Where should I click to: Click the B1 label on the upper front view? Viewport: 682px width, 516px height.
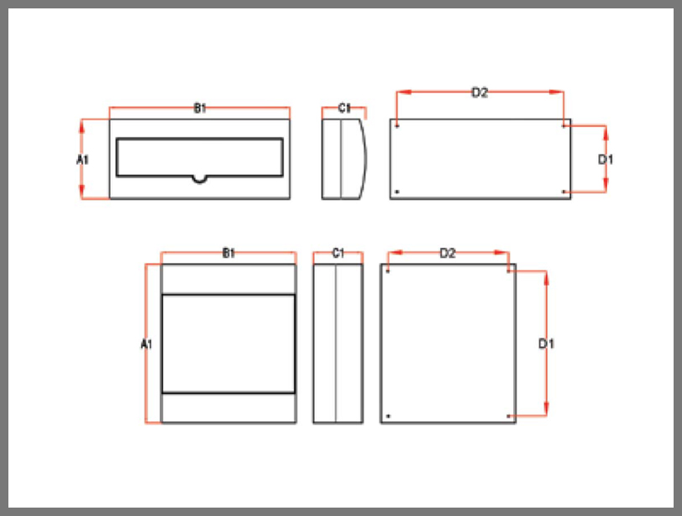(200, 108)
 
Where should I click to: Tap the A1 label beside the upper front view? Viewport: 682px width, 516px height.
(82, 160)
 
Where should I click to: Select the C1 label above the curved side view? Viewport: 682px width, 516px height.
(344, 108)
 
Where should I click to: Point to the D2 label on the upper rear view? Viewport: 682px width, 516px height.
(480, 92)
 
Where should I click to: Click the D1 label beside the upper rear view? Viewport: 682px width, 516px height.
(606, 160)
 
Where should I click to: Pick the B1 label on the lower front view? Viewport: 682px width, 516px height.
(228, 253)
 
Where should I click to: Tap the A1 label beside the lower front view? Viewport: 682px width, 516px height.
(147, 345)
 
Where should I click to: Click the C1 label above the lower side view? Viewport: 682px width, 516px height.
(338, 253)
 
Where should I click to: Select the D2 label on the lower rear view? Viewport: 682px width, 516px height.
(448, 253)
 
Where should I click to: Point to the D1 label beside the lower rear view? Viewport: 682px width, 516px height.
(546, 344)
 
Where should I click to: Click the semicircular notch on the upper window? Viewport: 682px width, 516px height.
(199, 180)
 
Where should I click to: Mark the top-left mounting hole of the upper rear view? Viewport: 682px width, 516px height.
(397, 127)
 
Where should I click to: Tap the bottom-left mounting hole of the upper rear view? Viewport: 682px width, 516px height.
(397, 192)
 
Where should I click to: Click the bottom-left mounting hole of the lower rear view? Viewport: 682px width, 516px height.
(388, 416)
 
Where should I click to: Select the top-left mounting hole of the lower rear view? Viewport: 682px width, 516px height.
(388, 271)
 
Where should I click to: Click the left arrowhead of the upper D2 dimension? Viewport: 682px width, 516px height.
(404, 92)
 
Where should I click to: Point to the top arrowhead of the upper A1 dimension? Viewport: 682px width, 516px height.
(81, 126)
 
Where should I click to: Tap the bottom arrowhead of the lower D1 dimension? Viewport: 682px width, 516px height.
(546, 408)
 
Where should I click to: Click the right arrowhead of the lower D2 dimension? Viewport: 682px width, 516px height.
(501, 252)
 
